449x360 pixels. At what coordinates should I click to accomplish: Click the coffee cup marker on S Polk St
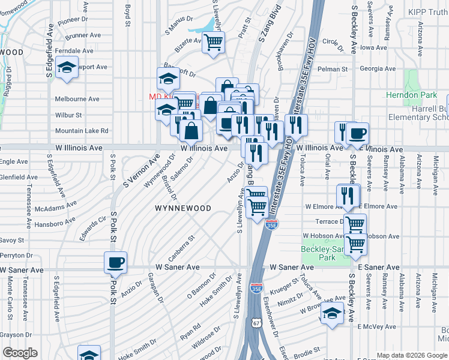(x=115, y=262)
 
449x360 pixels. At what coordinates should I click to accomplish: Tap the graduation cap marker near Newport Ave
(x=67, y=67)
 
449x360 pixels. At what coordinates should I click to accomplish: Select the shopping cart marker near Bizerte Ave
(x=213, y=43)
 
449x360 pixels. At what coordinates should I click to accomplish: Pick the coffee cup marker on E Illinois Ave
(x=357, y=133)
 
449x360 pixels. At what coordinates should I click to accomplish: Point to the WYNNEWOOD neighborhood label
(x=182, y=208)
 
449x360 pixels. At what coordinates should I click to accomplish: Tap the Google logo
(x=20, y=353)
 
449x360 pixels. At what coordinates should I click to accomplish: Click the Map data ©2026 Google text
(x=412, y=355)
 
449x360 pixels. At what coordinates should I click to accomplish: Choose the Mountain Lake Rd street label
(x=82, y=130)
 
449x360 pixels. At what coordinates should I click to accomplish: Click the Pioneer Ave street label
(x=73, y=19)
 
